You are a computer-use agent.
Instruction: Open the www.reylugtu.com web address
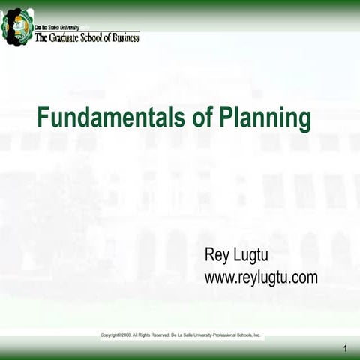point(261,277)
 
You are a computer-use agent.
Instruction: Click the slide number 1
point(346,347)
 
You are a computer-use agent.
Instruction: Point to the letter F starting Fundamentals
point(43,118)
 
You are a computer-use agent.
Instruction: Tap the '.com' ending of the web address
point(304,277)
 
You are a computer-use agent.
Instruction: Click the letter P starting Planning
point(225,118)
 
